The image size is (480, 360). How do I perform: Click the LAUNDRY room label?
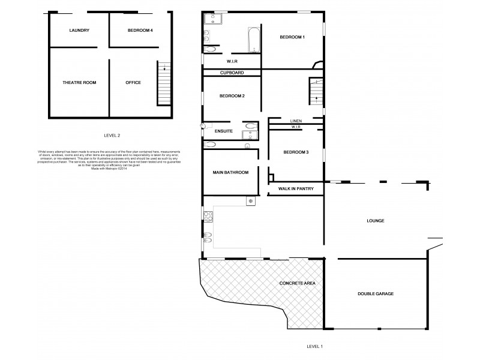click(79, 30)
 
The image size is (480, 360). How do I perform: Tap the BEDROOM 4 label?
click(140, 30)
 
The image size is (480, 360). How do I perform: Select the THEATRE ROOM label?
click(79, 82)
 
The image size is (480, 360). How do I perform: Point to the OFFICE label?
click(133, 82)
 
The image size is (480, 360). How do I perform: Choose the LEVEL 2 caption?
click(112, 136)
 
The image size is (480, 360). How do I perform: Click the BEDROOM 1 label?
click(292, 38)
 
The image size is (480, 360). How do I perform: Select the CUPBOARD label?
click(231, 73)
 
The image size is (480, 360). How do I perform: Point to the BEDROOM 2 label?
click(232, 96)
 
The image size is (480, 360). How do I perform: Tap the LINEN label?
click(296, 121)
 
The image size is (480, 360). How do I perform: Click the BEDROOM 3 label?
click(296, 152)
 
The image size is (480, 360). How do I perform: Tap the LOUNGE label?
click(375, 221)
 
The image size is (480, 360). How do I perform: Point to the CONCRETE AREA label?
click(297, 283)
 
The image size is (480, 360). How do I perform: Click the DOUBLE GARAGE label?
click(375, 293)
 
